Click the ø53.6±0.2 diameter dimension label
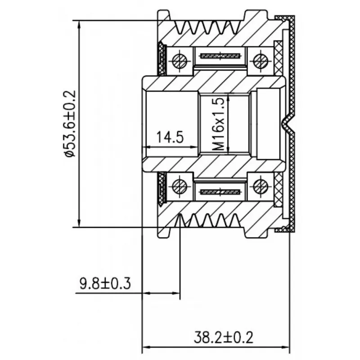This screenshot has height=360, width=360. (x=70, y=123)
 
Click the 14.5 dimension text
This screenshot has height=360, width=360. (x=170, y=137)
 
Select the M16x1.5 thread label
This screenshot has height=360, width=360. (x=218, y=124)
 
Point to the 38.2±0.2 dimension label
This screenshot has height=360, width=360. (x=223, y=337)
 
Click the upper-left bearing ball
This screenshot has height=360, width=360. (x=180, y=61)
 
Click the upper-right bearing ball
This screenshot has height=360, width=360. (x=261, y=61)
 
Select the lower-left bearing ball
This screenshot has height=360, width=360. (x=180, y=186)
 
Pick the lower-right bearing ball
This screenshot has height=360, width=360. (x=261, y=186)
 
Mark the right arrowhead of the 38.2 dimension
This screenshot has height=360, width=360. (x=286, y=346)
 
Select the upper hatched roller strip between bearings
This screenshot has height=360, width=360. (x=220, y=56)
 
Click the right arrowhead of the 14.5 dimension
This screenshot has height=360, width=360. (x=194, y=147)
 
